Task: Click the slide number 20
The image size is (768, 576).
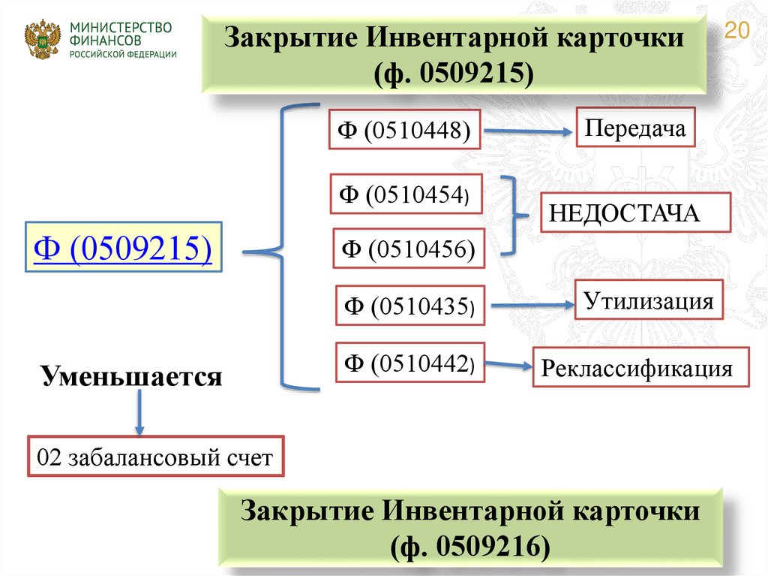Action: pyautogui.click(x=738, y=31)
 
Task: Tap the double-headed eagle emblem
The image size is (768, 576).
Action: pyautogui.click(x=42, y=40)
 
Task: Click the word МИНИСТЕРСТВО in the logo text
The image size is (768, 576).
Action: pyautogui.click(x=121, y=28)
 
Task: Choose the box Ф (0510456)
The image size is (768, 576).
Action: pyautogui.click(x=409, y=249)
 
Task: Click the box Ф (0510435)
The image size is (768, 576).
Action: pyautogui.click(x=410, y=306)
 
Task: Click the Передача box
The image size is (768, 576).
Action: pyautogui.click(x=636, y=127)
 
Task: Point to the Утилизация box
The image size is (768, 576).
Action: pyautogui.click(x=649, y=302)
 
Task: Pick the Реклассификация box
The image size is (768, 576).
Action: pyautogui.click(x=641, y=367)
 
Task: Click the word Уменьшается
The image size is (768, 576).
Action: pyautogui.click(x=132, y=375)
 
